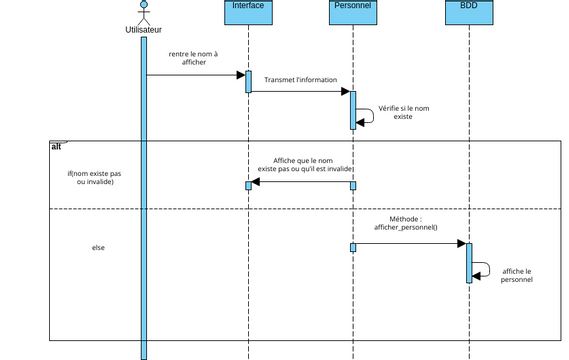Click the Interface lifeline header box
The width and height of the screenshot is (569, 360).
click(248, 8)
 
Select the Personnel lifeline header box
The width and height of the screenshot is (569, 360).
click(352, 8)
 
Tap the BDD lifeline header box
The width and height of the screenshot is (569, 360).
click(468, 8)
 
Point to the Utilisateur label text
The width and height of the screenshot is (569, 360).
click(143, 30)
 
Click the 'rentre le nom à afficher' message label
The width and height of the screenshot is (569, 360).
click(193, 58)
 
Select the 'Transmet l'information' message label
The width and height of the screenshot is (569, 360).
click(300, 80)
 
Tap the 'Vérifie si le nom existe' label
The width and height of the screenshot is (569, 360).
click(403, 112)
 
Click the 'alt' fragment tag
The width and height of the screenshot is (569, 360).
click(57, 147)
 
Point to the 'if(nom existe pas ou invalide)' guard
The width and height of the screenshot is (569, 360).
click(95, 178)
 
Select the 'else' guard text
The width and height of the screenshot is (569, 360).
click(98, 247)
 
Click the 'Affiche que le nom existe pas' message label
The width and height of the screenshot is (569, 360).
click(303, 165)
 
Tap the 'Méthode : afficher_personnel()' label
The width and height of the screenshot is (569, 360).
click(406, 223)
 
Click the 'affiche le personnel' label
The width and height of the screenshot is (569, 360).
click(516, 275)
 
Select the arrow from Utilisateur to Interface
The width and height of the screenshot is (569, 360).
click(195, 75)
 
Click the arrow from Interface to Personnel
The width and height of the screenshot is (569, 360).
click(300, 92)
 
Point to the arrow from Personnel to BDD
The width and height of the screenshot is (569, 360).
click(410, 243)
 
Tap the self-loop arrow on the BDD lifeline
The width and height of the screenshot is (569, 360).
click(482, 269)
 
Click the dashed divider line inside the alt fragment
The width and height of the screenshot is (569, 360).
click(300, 208)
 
